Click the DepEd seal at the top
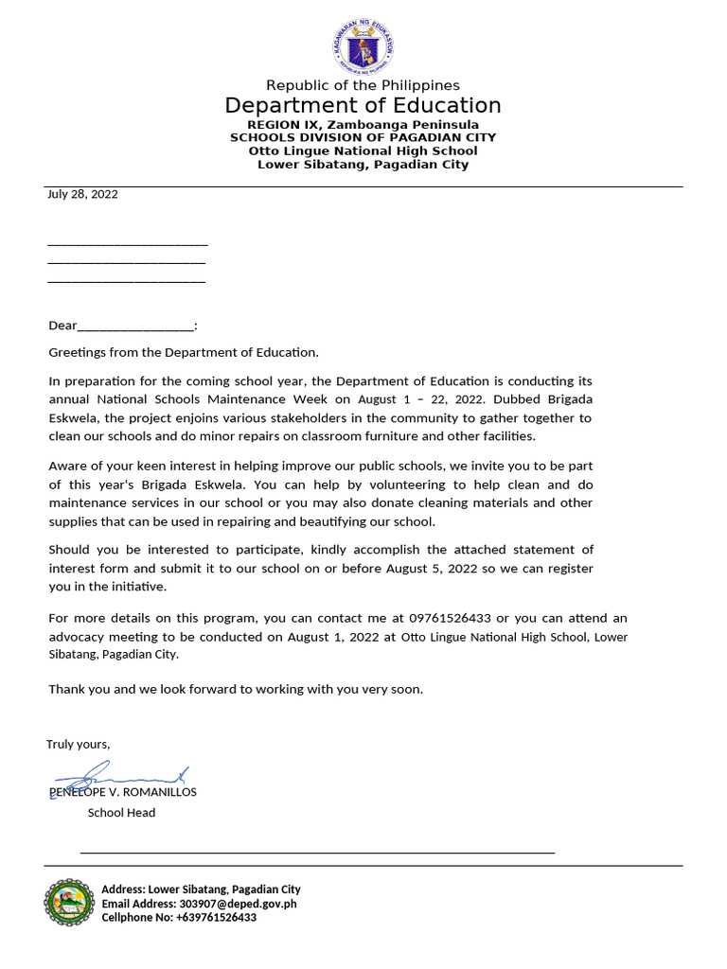[363, 44]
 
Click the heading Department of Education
[363, 105]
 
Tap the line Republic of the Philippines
[363, 86]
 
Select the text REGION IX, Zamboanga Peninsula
[363, 125]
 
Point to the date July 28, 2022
[83, 194]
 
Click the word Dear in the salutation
[62, 326]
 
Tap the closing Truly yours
[79, 744]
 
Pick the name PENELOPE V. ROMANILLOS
[123, 792]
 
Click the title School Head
[121, 812]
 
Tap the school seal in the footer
[69, 903]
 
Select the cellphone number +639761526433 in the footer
[216, 918]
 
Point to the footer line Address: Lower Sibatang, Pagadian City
[201, 890]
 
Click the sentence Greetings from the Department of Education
[185, 352]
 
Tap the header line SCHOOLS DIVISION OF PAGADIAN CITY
[363, 137]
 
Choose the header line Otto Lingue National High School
[363, 150]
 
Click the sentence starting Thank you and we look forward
[236, 689]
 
